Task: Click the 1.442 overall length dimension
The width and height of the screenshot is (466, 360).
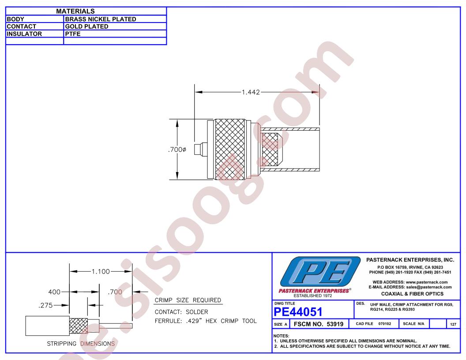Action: [x=251, y=92]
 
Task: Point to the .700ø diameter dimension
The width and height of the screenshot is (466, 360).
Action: [x=177, y=150]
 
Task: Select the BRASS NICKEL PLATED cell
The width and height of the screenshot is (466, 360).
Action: [x=101, y=19]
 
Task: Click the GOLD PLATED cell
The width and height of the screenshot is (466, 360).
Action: [x=86, y=26]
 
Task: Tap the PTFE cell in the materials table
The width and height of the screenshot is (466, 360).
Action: [x=73, y=34]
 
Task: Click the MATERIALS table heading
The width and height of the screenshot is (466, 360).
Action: [x=75, y=11]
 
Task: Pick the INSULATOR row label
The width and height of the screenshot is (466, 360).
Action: [x=24, y=34]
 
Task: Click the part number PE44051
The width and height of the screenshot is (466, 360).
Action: [x=298, y=312]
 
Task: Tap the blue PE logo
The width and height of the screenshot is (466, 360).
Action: [x=320, y=271]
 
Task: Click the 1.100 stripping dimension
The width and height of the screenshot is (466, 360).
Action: [x=101, y=271]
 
